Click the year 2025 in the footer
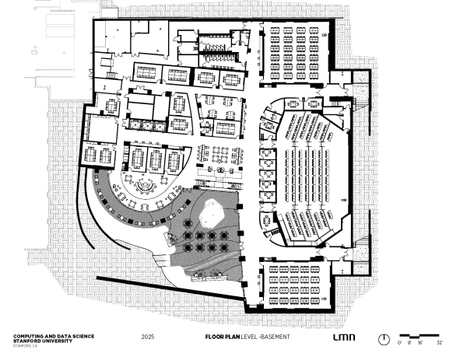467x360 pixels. pyautogui.click(x=149, y=338)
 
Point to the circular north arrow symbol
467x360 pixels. pyautogui.click(x=384, y=338)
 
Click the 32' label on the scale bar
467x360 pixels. pyautogui.click(x=439, y=343)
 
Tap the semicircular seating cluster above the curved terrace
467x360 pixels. pyautogui.click(x=144, y=185)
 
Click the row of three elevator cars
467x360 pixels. pyautogui.click(x=146, y=124)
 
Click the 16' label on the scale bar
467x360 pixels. pyautogui.click(x=419, y=343)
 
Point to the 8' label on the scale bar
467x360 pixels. pyautogui.click(x=409, y=343)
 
